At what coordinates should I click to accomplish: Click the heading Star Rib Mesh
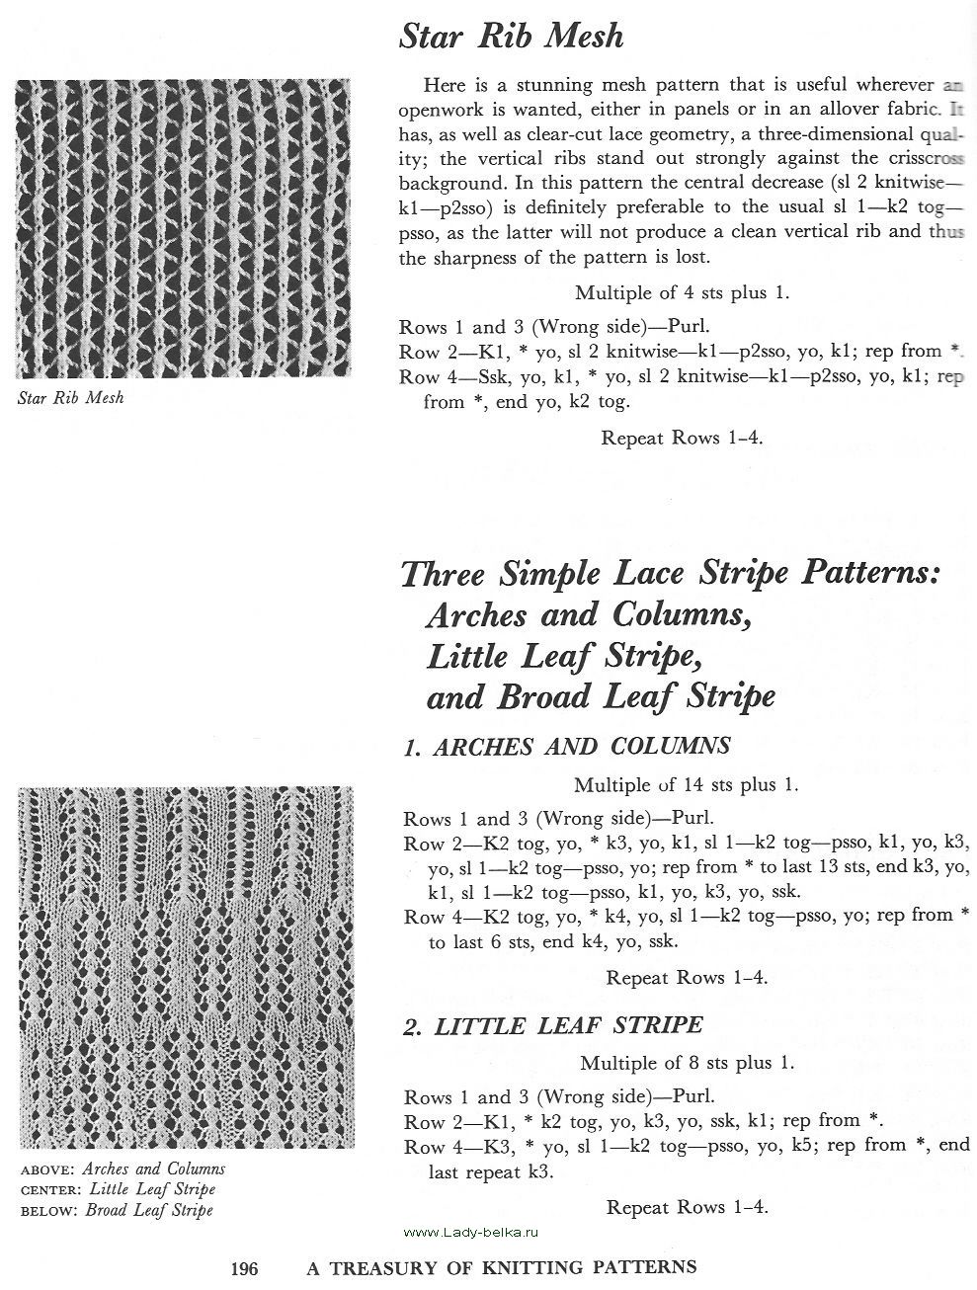click(511, 38)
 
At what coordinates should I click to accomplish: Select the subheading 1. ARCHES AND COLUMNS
click(567, 747)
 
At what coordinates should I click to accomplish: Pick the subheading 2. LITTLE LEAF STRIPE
click(553, 1025)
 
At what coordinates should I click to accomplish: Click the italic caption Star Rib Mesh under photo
click(71, 399)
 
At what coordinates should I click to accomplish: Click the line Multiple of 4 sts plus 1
click(682, 292)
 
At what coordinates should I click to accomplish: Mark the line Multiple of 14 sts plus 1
click(686, 785)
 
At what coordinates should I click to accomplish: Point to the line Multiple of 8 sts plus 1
click(687, 1064)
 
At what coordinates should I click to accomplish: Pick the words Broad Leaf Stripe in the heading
click(637, 697)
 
